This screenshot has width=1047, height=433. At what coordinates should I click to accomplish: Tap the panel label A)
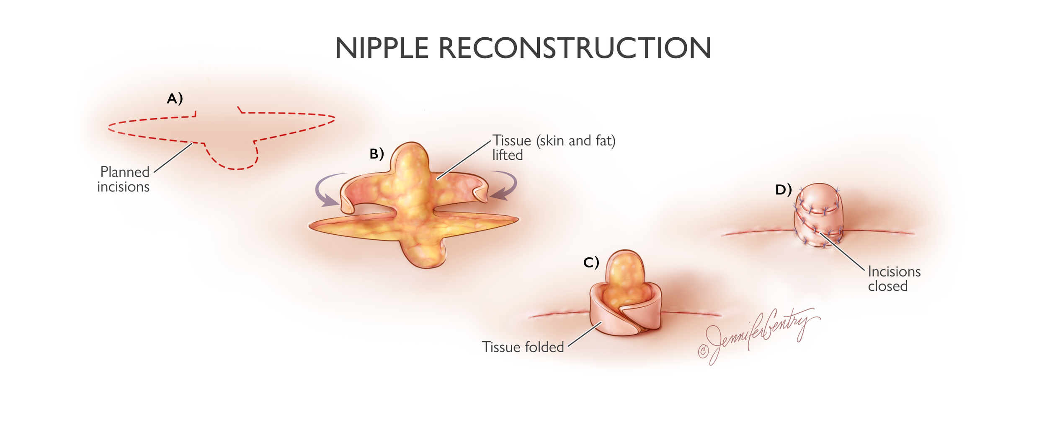click(175, 99)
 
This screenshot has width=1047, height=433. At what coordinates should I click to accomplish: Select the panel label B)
click(377, 154)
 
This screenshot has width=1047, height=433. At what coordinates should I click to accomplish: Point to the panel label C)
click(591, 263)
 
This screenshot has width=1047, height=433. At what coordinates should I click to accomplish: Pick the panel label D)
click(783, 190)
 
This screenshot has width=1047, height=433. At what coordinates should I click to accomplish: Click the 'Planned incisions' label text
click(124, 179)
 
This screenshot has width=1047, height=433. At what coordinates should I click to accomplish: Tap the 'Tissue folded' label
click(523, 347)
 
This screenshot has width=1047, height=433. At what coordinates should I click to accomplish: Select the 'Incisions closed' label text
click(894, 279)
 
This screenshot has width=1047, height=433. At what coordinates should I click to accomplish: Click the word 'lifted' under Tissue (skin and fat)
click(507, 156)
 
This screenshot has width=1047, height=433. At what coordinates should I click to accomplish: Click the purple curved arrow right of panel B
click(505, 185)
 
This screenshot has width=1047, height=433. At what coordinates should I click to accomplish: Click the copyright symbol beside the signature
click(703, 351)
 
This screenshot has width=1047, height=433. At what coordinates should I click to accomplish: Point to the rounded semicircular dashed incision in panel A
click(233, 161)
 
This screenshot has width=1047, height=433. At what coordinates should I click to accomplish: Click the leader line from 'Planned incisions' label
click(173, 158)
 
